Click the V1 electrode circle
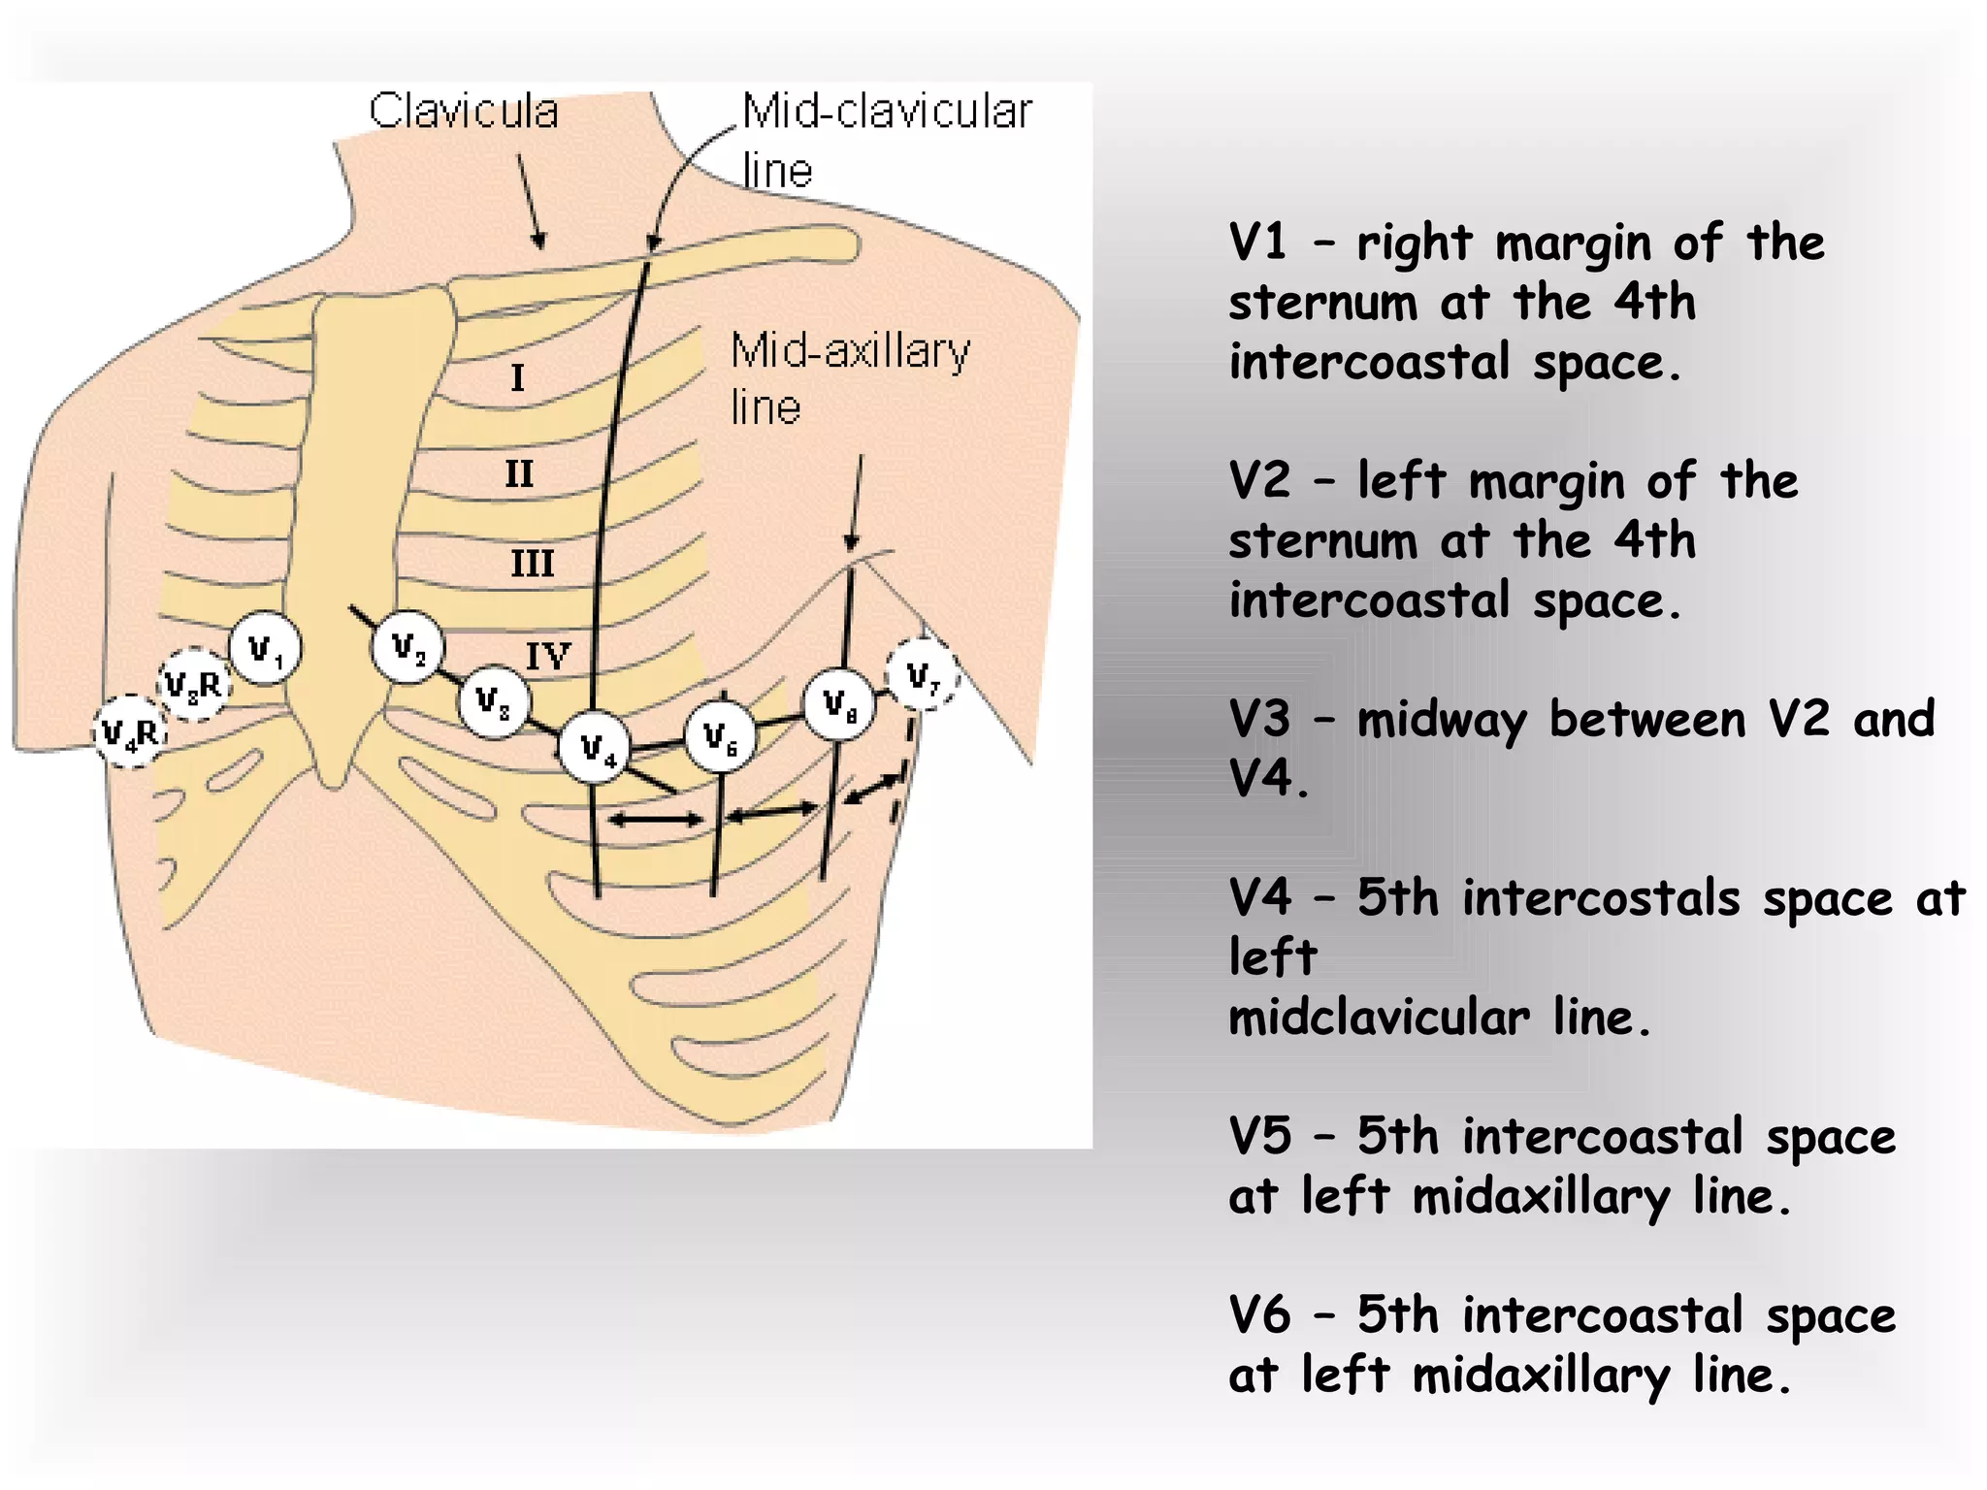coord(265,648)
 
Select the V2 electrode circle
coord(408,646)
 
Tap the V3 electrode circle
coord(494,700)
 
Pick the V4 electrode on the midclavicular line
coord(594,748)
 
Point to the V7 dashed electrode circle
coord(922,674)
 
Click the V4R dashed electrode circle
coord(130,732)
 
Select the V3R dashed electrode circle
coord(194,685)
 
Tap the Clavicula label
coord(464,111)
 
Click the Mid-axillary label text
coord(850,351)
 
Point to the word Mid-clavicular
coord(887,111)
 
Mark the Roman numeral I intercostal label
coord(517,377)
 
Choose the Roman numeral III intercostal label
coord(532,564)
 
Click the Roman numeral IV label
coord(547,657)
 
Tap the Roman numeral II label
coord(519,474)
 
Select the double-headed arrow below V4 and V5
coord(656,821)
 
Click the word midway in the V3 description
coord(1440,721)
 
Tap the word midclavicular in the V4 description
coord(1378,1019)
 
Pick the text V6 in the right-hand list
coord(1259,1315)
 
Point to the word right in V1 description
coord(1414,243)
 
